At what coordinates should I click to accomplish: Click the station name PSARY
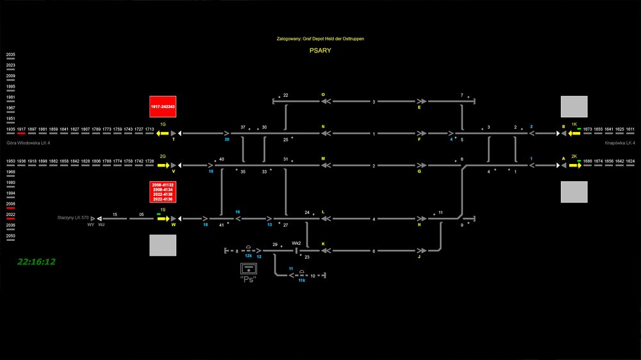pyautogui.click(x=320, y=50)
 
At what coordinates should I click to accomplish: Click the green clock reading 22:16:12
pyautogui.click(x=37, y=261)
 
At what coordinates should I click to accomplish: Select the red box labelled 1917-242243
pyautogui.click(x=163, y=106)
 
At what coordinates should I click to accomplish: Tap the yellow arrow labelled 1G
pyautogui.click(x=163, y=133)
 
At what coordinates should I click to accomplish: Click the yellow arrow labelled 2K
pyautogui.click(x=574, y=165)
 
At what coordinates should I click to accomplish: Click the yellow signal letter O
pyautogui.click(x=323, y=95)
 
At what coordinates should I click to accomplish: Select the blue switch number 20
pyautogui.click(x=227, y=139)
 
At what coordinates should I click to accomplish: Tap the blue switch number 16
pyautogui.click(x=237, y=212)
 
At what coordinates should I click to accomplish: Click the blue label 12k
pyautogui.click(x=248, y=256)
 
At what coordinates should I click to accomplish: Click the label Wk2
pyautogui.click(x=296, y=243)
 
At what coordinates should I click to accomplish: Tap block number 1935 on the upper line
pyautogui.click(x=11, y=129)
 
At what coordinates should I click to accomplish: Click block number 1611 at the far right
pyautogui.click(x=630, y=129)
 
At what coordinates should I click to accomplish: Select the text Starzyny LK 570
pyautogui.click(x=72, y=218)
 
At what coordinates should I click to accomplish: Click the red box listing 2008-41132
pyautogui.click(x=163, y=192)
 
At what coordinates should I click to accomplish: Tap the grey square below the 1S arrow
pyautogui.click(x=163, y=245)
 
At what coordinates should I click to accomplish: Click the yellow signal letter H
pyautogui.click(x=419, y=224)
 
